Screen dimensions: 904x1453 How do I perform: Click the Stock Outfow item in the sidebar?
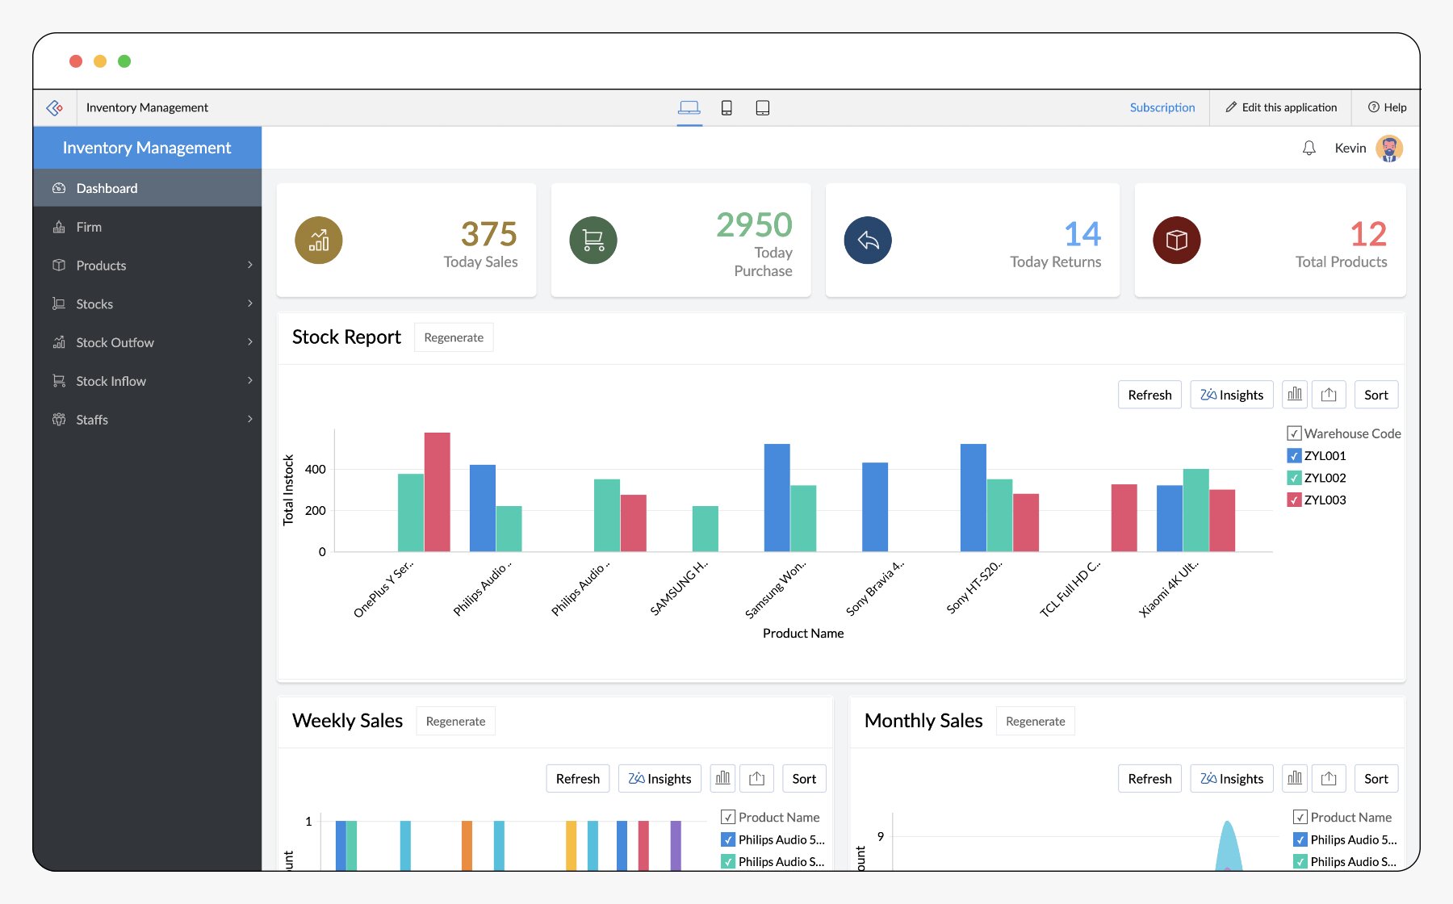tap(115, 342)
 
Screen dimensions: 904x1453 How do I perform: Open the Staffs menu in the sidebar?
tap(92, 420)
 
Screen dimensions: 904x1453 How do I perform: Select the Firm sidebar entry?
tap(89, 227)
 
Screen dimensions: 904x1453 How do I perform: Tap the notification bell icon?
tap(1309, 149)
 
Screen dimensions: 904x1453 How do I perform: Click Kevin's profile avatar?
tap(1388, 149)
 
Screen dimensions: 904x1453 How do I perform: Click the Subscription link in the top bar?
tap(1162, 107)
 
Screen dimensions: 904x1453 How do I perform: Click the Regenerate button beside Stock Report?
tap(453, 337)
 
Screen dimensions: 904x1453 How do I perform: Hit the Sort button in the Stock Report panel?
tap(1376, 395)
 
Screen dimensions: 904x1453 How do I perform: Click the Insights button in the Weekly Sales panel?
tap(660, 779)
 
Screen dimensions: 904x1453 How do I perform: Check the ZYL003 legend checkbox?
tap(1294, 500)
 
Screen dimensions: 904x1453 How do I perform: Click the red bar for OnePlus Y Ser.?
tap(437, 492)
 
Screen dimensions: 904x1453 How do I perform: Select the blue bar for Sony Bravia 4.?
tap(874, 507)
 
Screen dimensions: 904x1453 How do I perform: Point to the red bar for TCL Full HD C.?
tap(1124, 517)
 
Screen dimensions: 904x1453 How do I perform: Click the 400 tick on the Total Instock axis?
tap(316, 469)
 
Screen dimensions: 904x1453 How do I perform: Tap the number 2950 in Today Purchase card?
tap(754, 224)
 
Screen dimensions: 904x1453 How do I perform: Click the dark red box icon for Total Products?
tap(1176, 240)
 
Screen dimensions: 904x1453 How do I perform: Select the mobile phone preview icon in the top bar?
tap(726, 108)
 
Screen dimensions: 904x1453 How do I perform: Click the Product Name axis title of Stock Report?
tap(802, 634)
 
